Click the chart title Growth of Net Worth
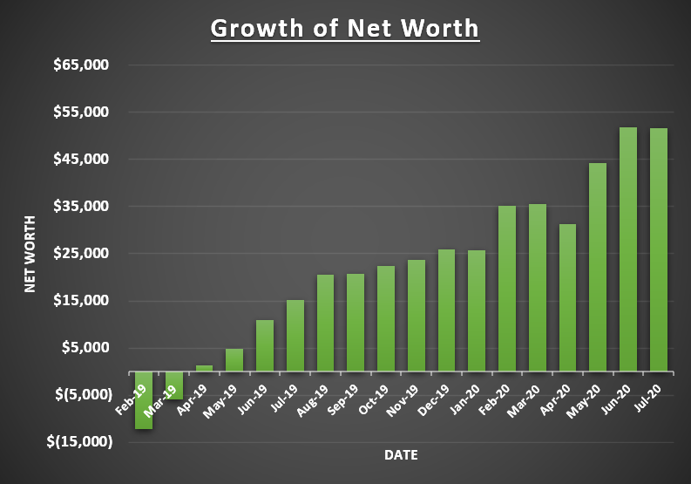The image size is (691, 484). click(345, 28)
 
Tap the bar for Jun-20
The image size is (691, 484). click(628, 249)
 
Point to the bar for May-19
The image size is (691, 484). click(234, 359)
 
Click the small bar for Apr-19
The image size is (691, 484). click(204, 367)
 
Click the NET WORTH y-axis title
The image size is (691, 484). click(30, 254)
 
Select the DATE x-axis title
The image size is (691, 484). click(401, 455)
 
